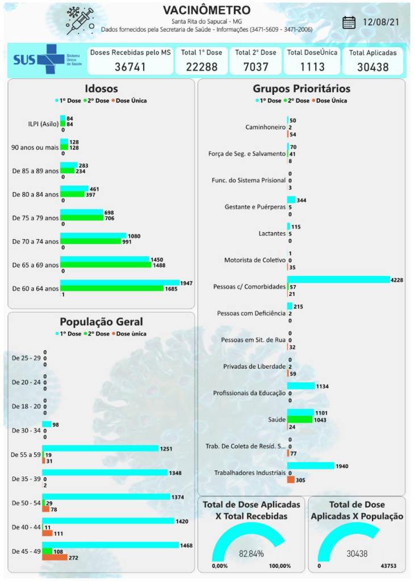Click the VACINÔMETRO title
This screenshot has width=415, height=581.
coord(206,10)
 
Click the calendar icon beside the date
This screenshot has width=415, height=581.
coord(349,22)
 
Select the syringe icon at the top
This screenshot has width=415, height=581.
coord(79,21)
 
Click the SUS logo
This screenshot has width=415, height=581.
coord(39,60)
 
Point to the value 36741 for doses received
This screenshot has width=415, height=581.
coord(130,66)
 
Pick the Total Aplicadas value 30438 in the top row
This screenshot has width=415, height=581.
coord(372,66)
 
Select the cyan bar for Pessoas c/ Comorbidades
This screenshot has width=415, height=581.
coord(338,279)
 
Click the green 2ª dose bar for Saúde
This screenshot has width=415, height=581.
coord(300,419)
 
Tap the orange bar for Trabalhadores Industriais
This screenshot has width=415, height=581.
coord(291,480)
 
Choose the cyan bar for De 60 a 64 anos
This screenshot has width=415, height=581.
coord(119,282)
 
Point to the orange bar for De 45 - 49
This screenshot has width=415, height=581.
coord(55,558)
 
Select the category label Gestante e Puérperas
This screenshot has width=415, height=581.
coord(255,207)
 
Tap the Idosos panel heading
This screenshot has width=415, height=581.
coord(101,89)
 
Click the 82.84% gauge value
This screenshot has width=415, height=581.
coord(251,553)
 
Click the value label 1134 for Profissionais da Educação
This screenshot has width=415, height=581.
coord(321,386)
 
